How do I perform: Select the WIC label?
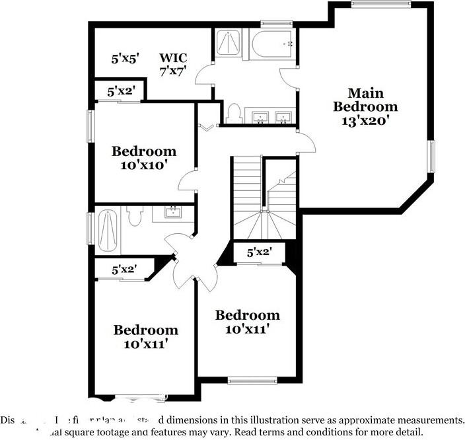point(173,57)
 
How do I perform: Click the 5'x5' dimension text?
point(124,58)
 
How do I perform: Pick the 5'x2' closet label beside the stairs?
point(260,252)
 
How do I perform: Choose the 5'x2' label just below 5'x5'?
point(120,91)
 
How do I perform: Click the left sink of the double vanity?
point(261,118)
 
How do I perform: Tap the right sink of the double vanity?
point(283,118)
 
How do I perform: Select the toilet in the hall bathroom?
point(135,216)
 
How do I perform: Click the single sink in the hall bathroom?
point(173,213)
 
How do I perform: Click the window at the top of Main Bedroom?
point(380,5)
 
